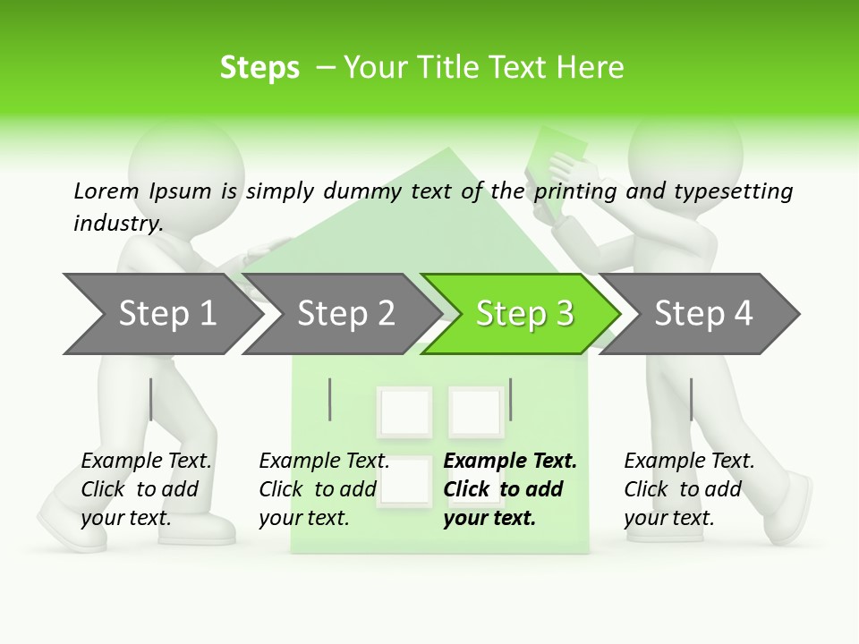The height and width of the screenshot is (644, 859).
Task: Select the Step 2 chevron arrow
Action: click(344, 314)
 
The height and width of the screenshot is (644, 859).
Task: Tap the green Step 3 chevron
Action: click(523, 314)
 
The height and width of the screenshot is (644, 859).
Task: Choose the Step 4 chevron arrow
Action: click(702, 314)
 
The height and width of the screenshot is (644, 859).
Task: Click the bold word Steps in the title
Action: click(259, 68)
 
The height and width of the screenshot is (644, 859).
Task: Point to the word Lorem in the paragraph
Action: click(106, 191)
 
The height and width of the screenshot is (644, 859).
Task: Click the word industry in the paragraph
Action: click(117, 223)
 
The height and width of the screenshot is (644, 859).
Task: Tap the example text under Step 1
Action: click(146, 489)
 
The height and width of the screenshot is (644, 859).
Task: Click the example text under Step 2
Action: click(324, 489)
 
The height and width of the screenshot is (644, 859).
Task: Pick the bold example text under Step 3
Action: click(510, 489)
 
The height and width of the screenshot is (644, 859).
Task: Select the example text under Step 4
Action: click(689, 489)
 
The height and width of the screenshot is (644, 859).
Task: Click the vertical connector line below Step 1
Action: click(151, 399)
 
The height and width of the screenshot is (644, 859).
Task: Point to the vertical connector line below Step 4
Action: click(691, 399)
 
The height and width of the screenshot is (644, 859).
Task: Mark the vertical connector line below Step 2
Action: click(330, 399)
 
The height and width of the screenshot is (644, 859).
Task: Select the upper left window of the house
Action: click(404, 411)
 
